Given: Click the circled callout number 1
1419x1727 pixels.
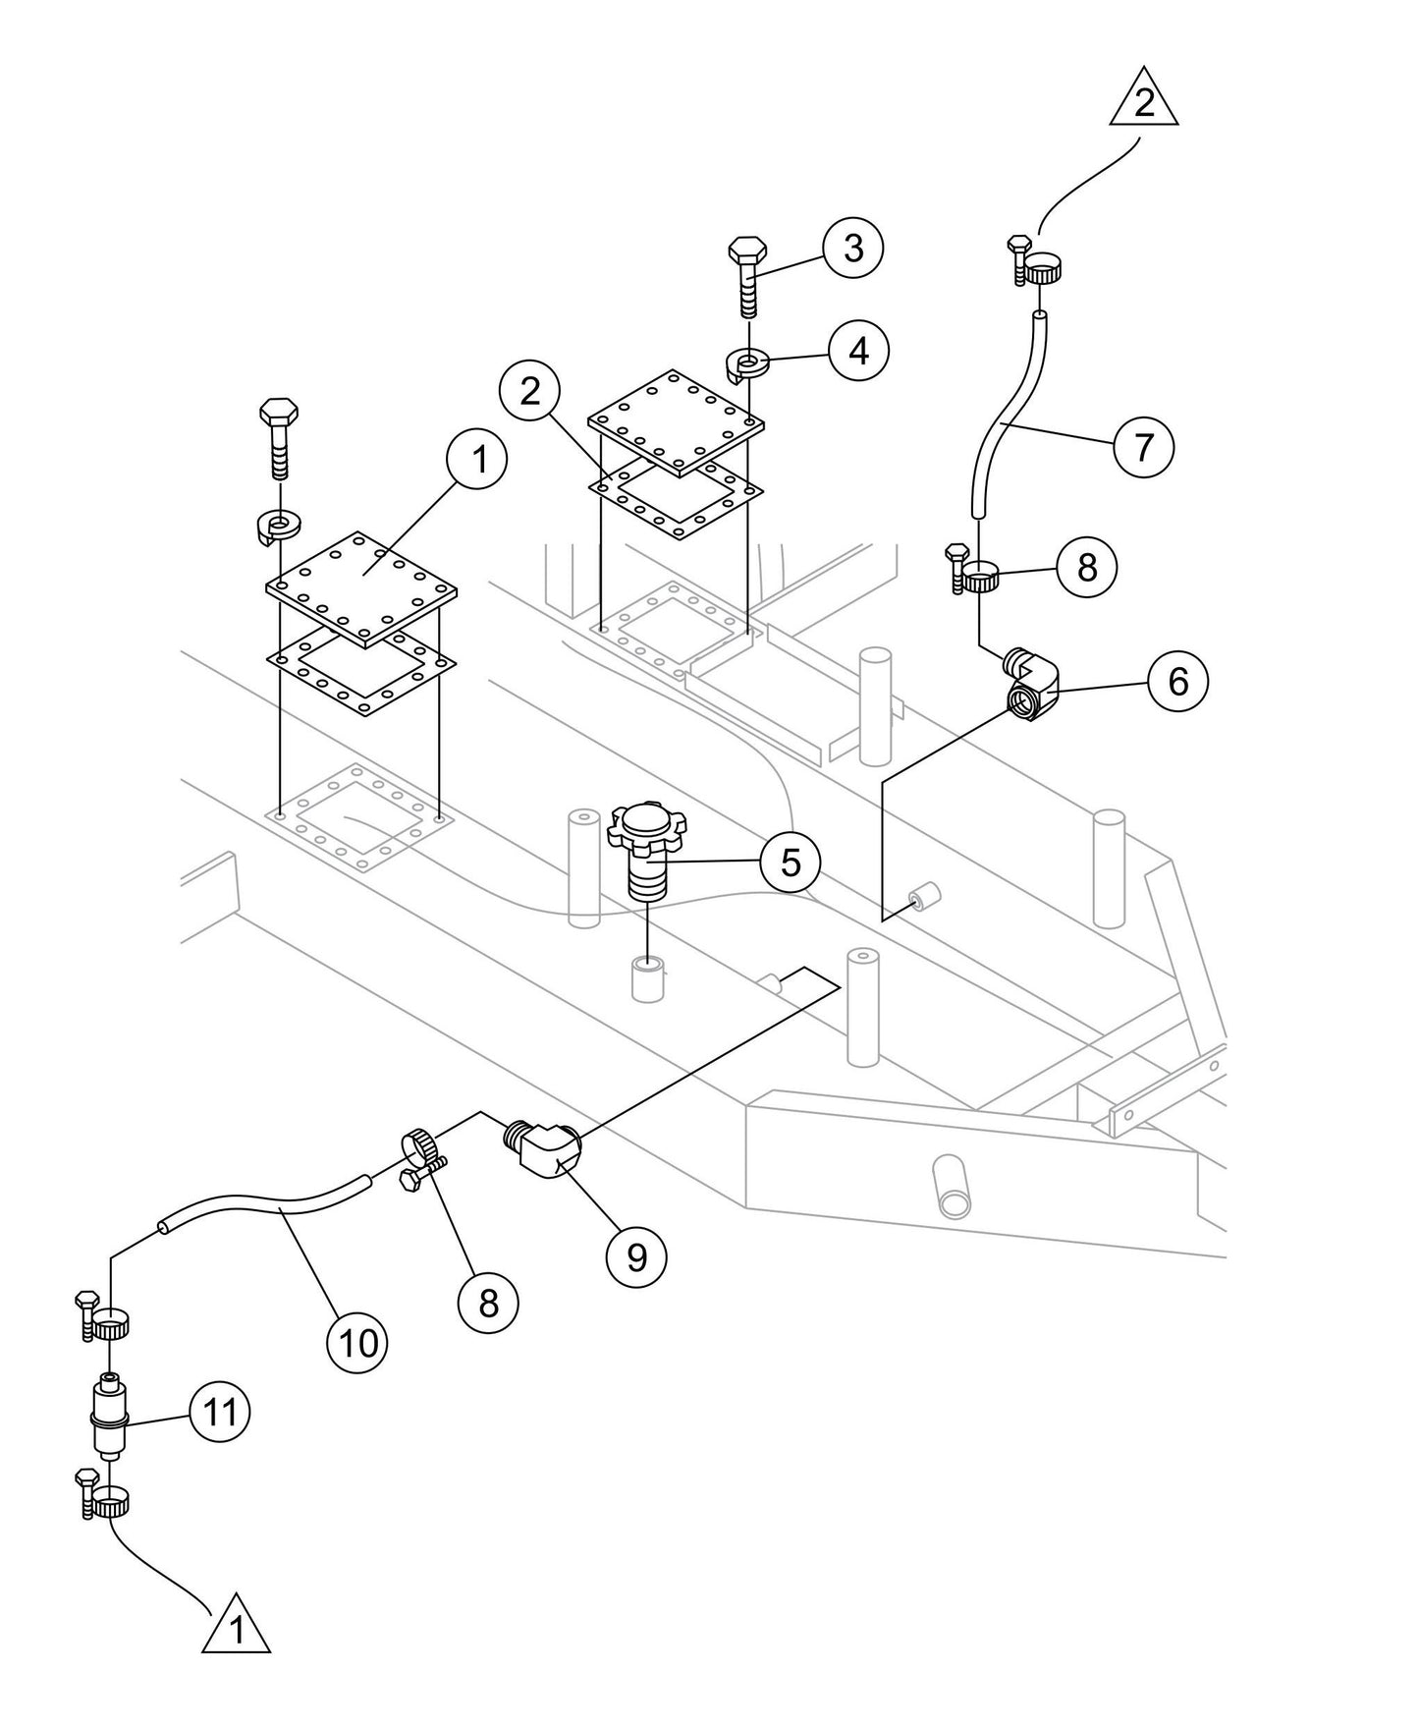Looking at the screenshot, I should coord(476,460).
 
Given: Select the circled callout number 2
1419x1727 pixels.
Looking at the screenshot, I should coord(530,392).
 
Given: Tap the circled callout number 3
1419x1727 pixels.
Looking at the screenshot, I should coord(853,249).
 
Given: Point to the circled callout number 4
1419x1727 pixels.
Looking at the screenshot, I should coord(859,351).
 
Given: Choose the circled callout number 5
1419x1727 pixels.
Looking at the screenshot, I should coord(791,863).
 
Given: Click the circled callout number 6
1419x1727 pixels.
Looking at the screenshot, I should coord(1178,681).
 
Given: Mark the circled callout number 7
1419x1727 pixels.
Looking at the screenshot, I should coord(1144,448).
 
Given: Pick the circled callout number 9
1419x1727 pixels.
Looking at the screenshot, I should coord(636,1256).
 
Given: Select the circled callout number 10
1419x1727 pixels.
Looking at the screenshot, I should coord(358,1342).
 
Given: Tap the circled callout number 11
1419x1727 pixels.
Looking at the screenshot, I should coord(219,1413).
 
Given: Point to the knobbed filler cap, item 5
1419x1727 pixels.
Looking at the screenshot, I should coord(646,853).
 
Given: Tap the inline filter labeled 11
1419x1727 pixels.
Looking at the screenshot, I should coord(108,1418).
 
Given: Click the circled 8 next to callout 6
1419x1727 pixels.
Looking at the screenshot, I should coord(1086,567).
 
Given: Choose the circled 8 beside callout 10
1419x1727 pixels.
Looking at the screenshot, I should coord(488,1303).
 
